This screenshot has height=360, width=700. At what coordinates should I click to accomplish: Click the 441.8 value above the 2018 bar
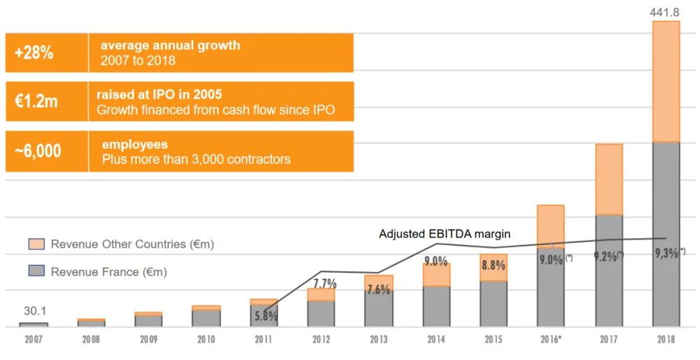pyautogui.click(x=666, y=11)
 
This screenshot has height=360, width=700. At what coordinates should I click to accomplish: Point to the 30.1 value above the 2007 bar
pyautogui.click(x=33, y=311)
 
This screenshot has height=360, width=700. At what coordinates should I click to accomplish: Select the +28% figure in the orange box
pyautogui.click(x=34, y=53)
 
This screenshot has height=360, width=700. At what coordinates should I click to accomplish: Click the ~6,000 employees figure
pyautogui.click(x=38, y=151)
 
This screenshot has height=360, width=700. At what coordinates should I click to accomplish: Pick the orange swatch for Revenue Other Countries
pyautogui.click(x=36, y=244)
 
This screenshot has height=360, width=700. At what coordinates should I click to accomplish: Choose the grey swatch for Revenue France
pyautogui.click(x=36, y=271)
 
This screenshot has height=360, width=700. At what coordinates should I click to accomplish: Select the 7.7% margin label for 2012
pyautogui.click(x=325, y=284)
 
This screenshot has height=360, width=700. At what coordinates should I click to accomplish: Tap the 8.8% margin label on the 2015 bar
pyautogui.click(x=493, y=265)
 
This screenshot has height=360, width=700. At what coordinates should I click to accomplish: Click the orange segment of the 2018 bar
pyautogui.click(x=666, y=81)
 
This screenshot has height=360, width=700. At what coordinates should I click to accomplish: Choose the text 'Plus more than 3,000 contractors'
pyautogui.click(x=196, y=160)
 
